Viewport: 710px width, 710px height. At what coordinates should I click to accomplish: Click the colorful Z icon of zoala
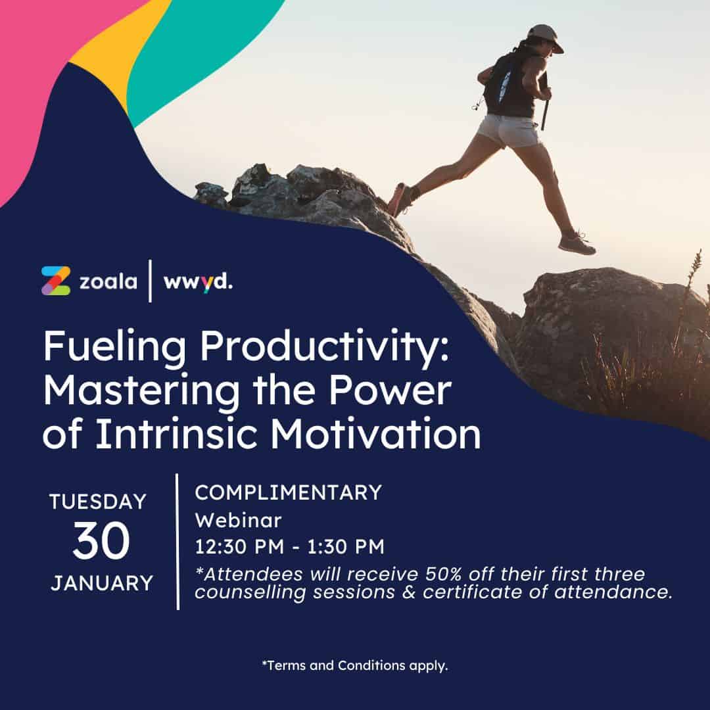pyautogui.click(x=56, y=281)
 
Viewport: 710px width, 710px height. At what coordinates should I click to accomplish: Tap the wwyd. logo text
pyautogui.click(x=198, y=282)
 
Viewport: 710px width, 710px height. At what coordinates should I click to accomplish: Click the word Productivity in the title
pyautogui.click(x=325, y=347)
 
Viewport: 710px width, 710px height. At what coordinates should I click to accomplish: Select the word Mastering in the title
pyautogui.click(x=141, y=391)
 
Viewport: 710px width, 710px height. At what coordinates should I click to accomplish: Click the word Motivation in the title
pyautogui.click(x=375, y=434)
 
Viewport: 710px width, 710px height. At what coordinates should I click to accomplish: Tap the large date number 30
pyautogui.click(x=101, y=540)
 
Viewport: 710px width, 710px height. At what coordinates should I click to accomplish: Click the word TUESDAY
pyautogui.click(x=98, y=502)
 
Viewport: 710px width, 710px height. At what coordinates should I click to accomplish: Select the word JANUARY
pyautogui.click(x=102, y=583)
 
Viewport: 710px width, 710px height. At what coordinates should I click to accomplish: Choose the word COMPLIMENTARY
pyautogui.click(x=289, y=492)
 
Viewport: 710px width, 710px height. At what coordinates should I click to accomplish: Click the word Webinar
pyautogui.click(x=238, y=520)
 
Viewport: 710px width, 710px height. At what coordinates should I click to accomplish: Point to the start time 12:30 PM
pyautogui.click(x=239, y=546)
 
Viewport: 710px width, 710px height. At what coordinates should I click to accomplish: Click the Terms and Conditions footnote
pyautogui.click(x=355, y=665)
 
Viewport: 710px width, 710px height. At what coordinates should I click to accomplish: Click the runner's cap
pyautogui.click(x=546, y=37)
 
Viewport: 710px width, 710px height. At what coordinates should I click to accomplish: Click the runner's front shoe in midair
pyautogui.click(x=577, y=244)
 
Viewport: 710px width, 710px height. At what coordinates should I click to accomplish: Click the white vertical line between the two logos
pyautogui.click(x=151, y=281)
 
